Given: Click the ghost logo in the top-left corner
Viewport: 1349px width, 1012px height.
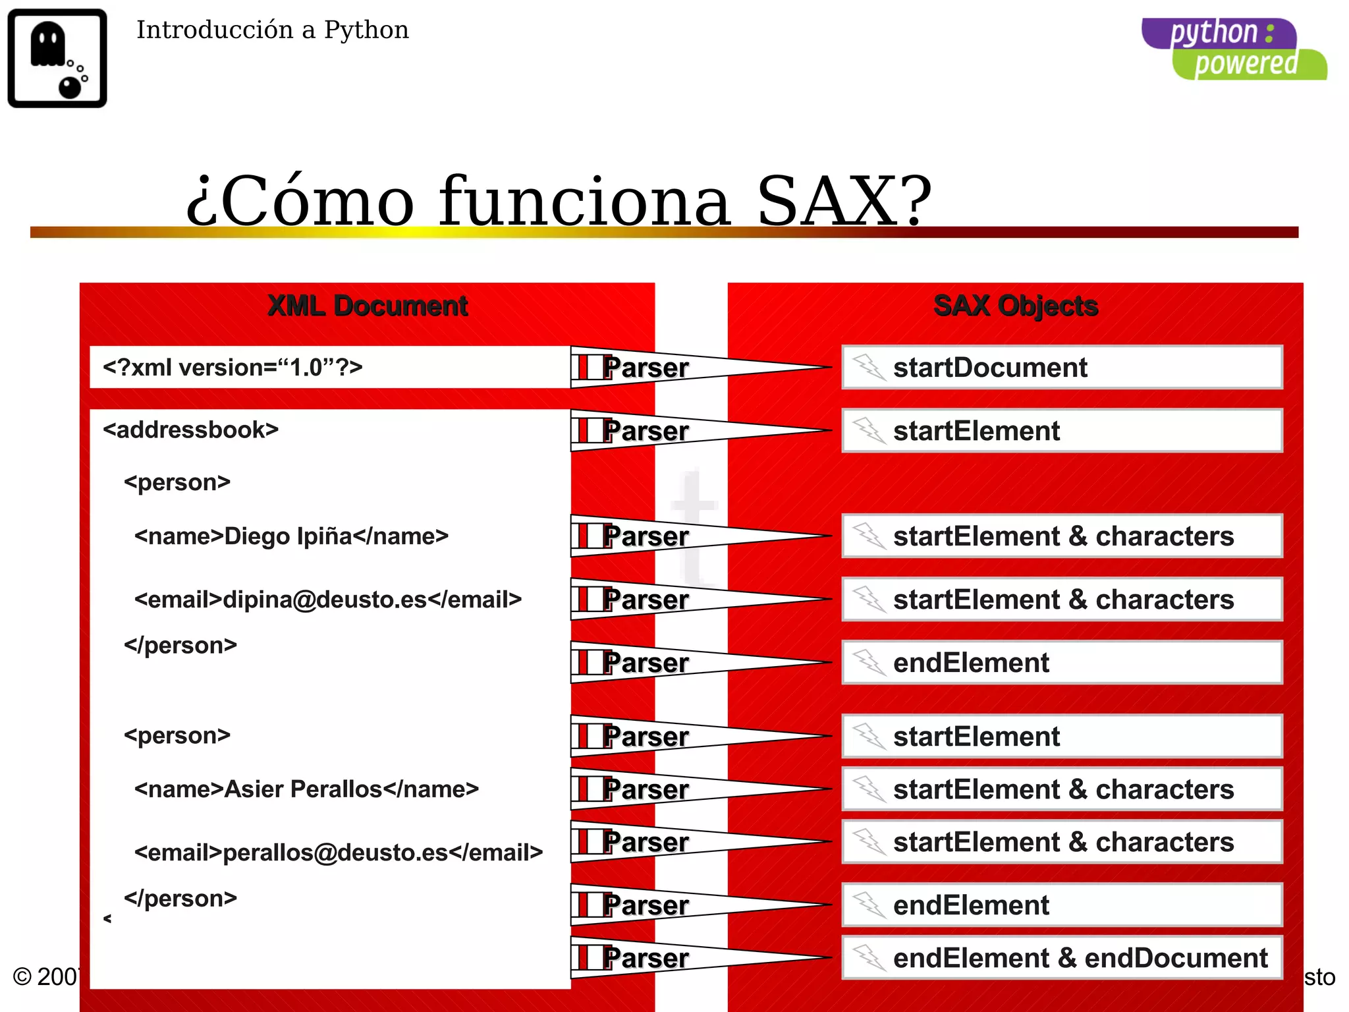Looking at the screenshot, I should coord(57,58).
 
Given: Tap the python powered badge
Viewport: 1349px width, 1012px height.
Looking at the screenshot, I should coord(1234,49).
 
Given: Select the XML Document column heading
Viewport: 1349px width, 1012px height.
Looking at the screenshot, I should coord(368,306).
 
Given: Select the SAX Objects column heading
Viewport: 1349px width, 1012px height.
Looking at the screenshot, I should coord(1016,306).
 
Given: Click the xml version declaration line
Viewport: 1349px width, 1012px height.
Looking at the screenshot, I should coord(233,367).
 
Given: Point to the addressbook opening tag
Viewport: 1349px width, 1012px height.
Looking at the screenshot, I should coord(191,430).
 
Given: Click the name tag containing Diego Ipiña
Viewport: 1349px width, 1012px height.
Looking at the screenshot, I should coord(291,536).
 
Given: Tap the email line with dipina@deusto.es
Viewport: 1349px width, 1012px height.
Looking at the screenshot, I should coord(328,600).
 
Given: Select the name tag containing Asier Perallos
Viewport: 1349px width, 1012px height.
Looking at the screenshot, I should coord(306,789).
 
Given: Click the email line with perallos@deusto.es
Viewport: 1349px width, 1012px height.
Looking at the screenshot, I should coord(339,853).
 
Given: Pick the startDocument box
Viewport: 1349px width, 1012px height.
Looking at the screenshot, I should coord(1062,368).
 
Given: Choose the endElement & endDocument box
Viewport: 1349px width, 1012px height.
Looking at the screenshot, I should coord(1062,958).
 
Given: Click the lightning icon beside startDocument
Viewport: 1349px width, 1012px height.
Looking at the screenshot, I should coord(869,367).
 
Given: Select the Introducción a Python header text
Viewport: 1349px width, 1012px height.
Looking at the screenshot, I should coord(272,30).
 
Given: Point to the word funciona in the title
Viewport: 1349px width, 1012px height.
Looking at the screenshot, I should coord(585,201).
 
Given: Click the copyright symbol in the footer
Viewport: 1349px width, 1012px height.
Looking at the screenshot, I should coord(22,976).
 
